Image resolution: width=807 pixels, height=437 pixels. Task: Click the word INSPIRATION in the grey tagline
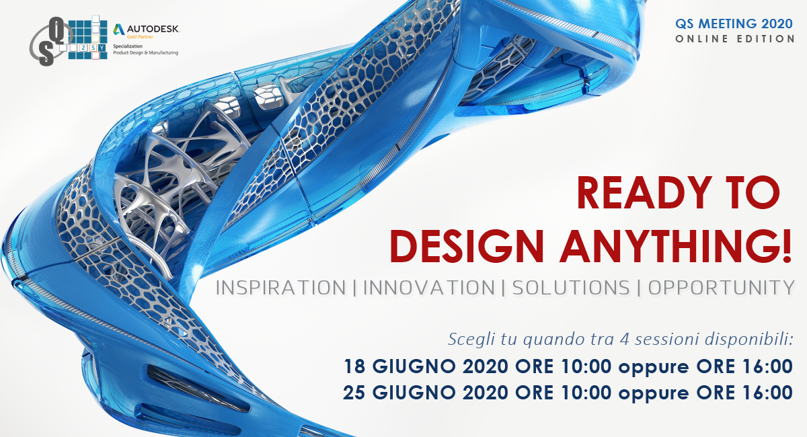click(281, 288)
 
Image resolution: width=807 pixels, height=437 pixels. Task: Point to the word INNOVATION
click(429, 288)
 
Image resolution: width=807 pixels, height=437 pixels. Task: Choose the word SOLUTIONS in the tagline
click(571, 288)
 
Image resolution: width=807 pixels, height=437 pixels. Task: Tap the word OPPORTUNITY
click(721, 288)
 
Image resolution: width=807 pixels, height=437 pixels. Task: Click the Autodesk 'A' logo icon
click(118, 29)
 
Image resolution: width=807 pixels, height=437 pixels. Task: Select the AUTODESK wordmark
click(153, 28)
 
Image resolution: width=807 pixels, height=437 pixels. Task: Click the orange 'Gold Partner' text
click(140, 37)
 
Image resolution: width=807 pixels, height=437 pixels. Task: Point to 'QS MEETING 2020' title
click(734, 24)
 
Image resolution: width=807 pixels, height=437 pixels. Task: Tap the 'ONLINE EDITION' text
click(735, 39)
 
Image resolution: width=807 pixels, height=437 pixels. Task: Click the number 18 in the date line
click(354, 366)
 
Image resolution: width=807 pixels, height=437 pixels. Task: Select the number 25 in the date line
click(354, 393)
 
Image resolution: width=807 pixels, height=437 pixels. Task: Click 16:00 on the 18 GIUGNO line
click(767, 366)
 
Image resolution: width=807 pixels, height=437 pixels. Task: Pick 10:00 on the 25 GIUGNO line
click(586, 393)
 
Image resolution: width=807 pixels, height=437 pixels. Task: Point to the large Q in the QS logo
click(57, 29)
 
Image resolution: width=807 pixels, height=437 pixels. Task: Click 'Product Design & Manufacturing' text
click(145, 52)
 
